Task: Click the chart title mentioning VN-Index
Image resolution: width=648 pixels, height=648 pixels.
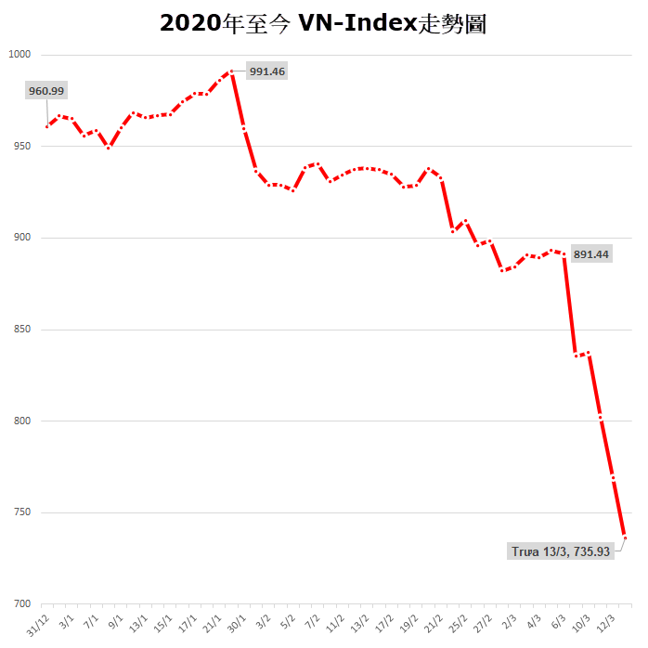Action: point(323,23)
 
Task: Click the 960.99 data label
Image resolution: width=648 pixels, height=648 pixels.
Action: point(46,91)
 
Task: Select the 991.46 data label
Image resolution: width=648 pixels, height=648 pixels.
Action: point(266,71)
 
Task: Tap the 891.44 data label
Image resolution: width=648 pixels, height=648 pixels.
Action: point(590,253)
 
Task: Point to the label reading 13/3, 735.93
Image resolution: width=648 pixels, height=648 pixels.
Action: point(561,551)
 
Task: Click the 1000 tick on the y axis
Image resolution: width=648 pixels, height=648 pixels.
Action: point(20,55)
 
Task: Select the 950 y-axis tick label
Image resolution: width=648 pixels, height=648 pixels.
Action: point(22,147)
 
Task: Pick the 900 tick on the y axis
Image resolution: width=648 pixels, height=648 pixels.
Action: point(22,239)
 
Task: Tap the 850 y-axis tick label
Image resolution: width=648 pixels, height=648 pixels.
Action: point(22,330)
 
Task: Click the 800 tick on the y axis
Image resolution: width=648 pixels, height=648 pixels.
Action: point(22,421)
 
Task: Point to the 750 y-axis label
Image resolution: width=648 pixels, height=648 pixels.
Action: point(22,513)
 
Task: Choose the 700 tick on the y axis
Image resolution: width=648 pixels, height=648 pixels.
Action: point(22,604)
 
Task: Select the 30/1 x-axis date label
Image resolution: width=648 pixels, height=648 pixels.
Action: point(237,619)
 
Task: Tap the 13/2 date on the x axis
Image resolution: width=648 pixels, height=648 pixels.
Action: point(359,619)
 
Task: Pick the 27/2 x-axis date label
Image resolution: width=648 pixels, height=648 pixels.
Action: point(483,619)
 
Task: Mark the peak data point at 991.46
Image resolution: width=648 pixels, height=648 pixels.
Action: point(231,71)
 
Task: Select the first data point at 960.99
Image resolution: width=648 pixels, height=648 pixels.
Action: point(46,126)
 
